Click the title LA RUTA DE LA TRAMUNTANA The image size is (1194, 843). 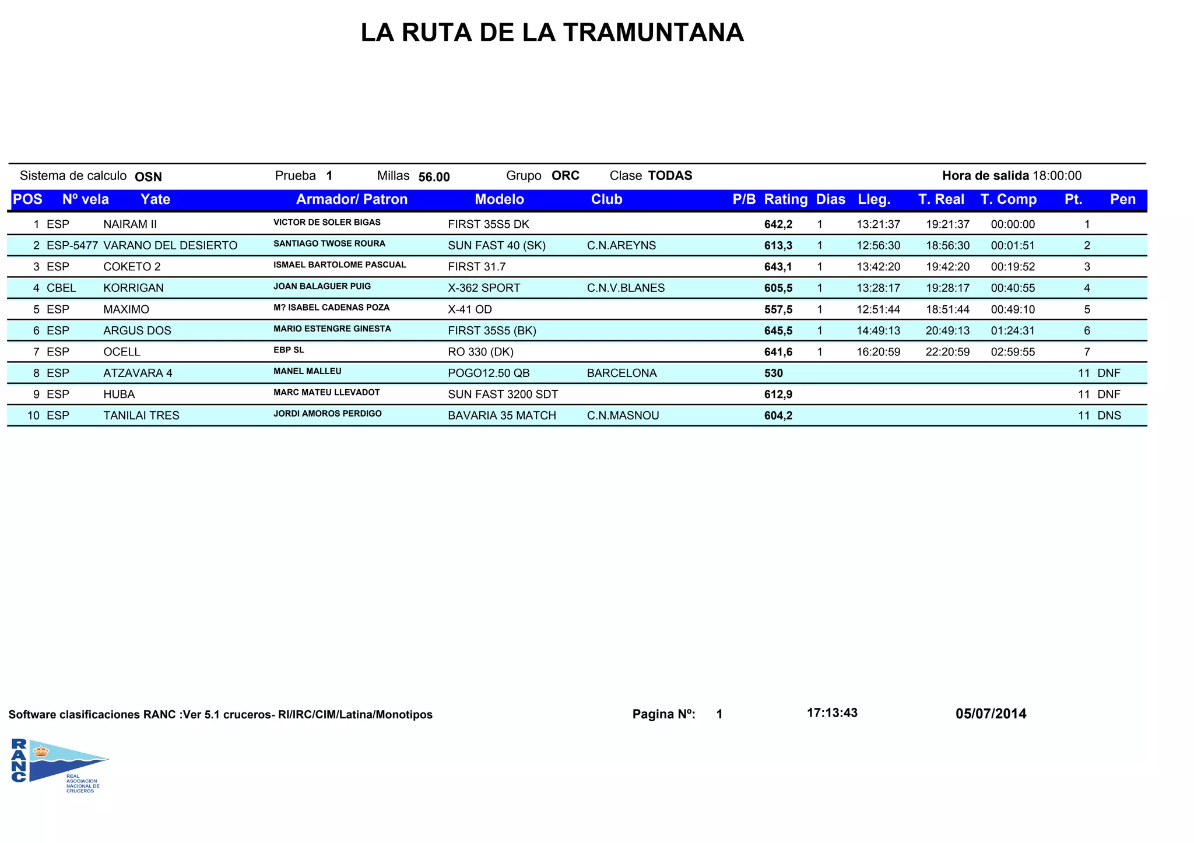click(x=552, y=33)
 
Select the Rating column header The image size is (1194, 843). click(x=785, y=199)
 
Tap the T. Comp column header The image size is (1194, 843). click(x=1008, y=199)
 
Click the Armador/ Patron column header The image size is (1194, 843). click(x=352, y=199)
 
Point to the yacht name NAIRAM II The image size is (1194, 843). click(x=130, y=224)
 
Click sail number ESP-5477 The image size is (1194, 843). click(x=72, y=245)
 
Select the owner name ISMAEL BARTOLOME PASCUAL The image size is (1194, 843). click(x=339, y=265)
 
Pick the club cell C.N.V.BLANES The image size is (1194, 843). click(x=626, y=288)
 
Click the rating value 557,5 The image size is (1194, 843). click(x=778, y=309)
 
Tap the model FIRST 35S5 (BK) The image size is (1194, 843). click(x=491, y=330)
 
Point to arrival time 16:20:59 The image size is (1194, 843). click(x=878, y=352)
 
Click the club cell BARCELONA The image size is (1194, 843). click(x=621, y=373)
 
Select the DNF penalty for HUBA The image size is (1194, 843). click(x=1108, y=394)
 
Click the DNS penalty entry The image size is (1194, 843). click(x=1109, y=415)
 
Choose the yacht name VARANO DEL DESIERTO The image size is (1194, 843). click(x=170, y=245)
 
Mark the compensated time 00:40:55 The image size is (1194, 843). click(x=1013, y=288)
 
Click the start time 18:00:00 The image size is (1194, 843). click(x=1056, y=176)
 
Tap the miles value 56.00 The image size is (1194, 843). click(x=434, y=177)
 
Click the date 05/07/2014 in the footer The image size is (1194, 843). click(x=991, y=714)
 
